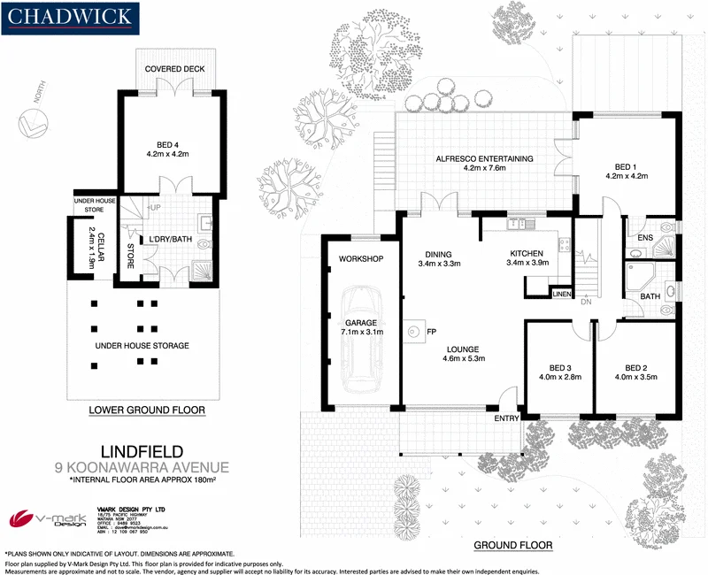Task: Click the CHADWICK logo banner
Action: [69, 17]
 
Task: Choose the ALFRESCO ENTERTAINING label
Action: [484, 159]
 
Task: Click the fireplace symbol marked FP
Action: [415, 332]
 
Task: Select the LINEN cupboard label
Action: [561, 293]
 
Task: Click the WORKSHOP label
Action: [361, 259]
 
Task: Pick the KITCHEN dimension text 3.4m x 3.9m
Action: [527, 263]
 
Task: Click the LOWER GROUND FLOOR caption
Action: [148, 410]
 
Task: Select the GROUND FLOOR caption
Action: [513, 545]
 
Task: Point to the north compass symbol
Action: [35, 124]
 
